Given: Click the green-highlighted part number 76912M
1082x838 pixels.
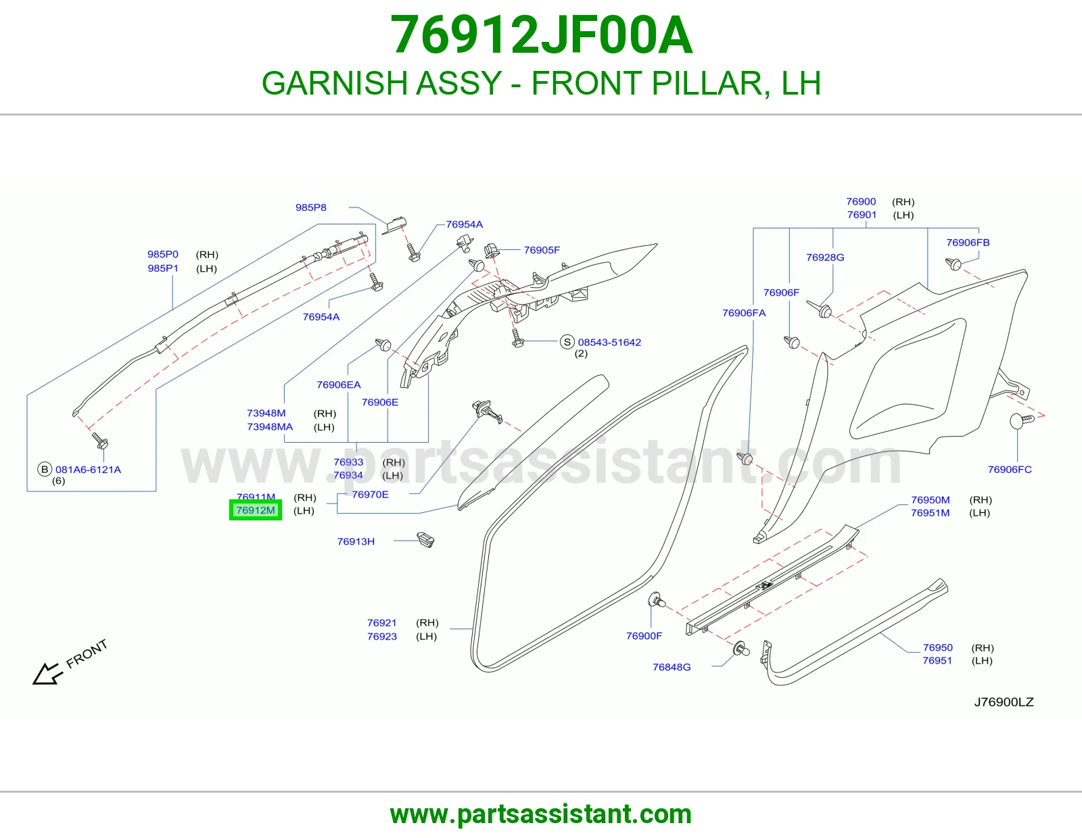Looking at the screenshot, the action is (x=256, y=510).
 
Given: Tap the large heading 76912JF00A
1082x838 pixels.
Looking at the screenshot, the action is (x=541, y=35).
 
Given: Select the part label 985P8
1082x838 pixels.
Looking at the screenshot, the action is (x=310, y=207).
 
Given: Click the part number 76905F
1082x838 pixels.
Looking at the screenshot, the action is (x=542, y=250).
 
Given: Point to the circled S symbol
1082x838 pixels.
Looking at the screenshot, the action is (x=567, y=342).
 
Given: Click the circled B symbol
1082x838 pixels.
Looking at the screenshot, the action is (x=45, y=469).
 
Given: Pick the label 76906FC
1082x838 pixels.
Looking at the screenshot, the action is (x=1010, y=469).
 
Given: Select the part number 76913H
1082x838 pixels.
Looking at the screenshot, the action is (x=356, y=541).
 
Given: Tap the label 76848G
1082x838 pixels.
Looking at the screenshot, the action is (x=672, y=667).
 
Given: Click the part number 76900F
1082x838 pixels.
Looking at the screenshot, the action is (x=644, y=636).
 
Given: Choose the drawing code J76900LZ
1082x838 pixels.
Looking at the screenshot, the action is (x=1004, y=702).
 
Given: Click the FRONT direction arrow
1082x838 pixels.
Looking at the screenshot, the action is (x=48, y=674).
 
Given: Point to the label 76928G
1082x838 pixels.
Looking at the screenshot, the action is (x=825, y=257).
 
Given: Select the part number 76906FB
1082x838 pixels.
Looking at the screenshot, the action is (x=968, y=243).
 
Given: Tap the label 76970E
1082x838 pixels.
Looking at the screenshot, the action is (x=370, y=494).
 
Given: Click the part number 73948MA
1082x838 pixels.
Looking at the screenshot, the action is (x=270, y=426).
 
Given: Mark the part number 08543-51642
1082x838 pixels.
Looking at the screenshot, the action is (x=609, y=343).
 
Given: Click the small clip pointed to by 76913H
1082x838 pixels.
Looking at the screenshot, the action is (x=425, y=539).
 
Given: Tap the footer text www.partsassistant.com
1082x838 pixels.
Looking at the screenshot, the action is (x=541, y=814).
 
